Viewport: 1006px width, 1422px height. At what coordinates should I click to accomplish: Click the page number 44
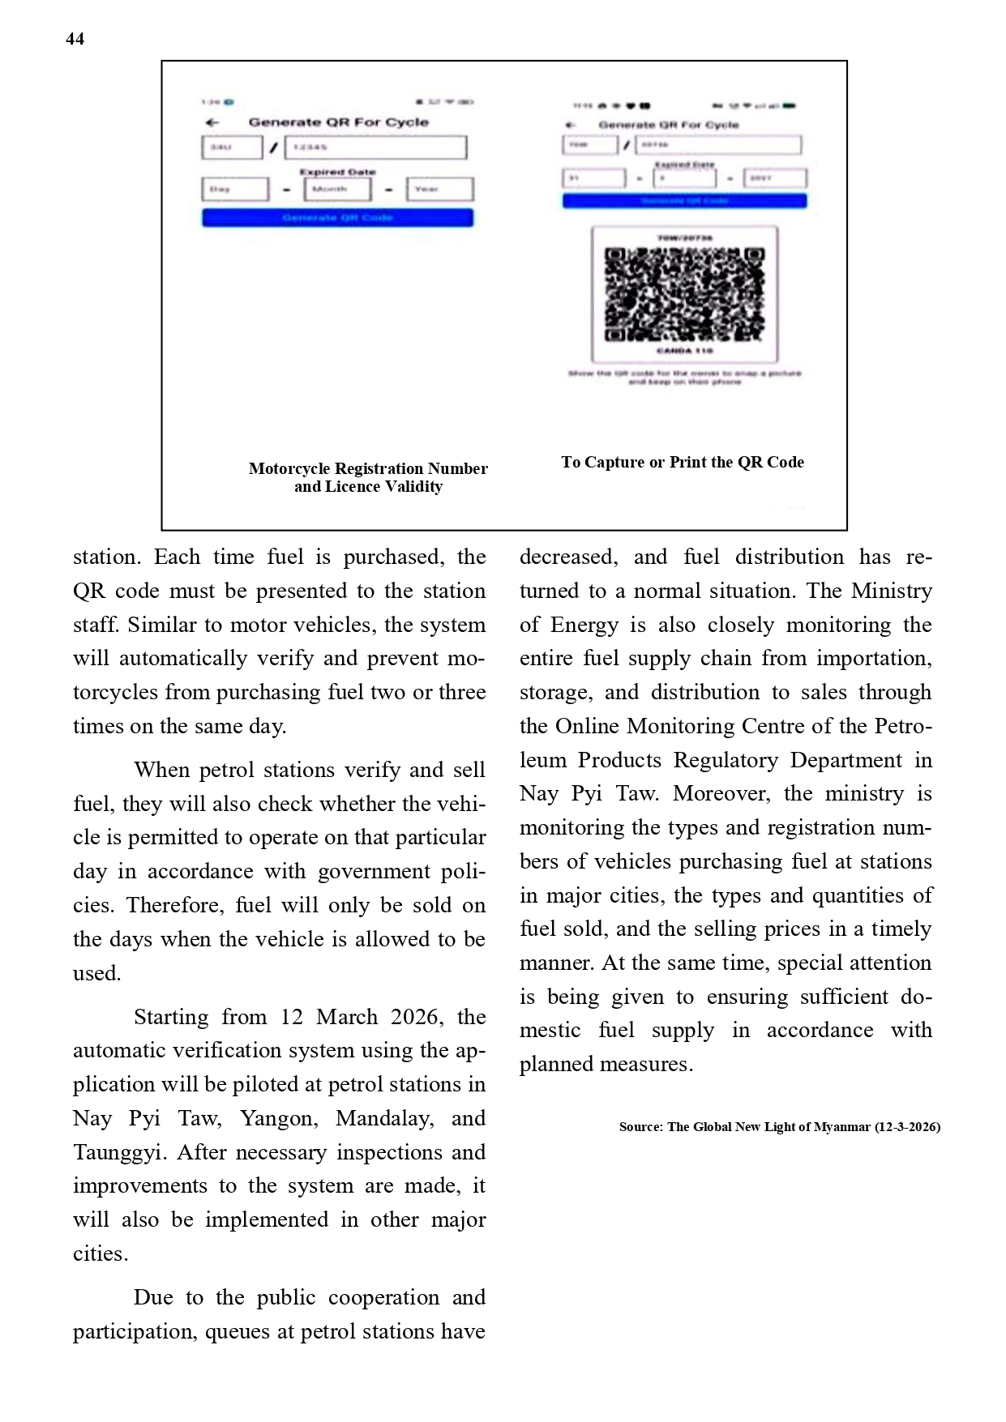tap(75, 39)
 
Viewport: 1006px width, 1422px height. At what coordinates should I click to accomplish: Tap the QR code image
tap(685, 293)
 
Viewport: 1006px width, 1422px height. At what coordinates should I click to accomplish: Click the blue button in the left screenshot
tap(337, 217)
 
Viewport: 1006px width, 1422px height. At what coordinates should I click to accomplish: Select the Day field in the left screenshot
tap(234, 189)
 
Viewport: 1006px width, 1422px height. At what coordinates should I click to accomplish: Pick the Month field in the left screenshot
tap(337, 189)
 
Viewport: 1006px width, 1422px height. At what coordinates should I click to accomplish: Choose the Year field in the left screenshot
tap(439, 189)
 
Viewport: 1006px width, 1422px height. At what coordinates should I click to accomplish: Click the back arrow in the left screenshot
tap(212, 122)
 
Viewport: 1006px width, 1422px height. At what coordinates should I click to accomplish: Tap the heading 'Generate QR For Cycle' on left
tap(338, 122)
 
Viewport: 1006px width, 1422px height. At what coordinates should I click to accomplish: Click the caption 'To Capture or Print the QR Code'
tap(683, 462)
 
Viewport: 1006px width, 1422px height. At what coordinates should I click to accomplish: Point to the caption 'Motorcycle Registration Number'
tap(368, 468)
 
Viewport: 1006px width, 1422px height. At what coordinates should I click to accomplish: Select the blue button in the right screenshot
tap(684, 201)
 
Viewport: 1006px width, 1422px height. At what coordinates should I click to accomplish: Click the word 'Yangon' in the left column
tap(277, 1118)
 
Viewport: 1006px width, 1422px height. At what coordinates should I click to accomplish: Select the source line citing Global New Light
tap(779, 1126)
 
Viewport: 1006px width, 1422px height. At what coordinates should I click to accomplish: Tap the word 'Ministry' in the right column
tap(891, 591)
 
